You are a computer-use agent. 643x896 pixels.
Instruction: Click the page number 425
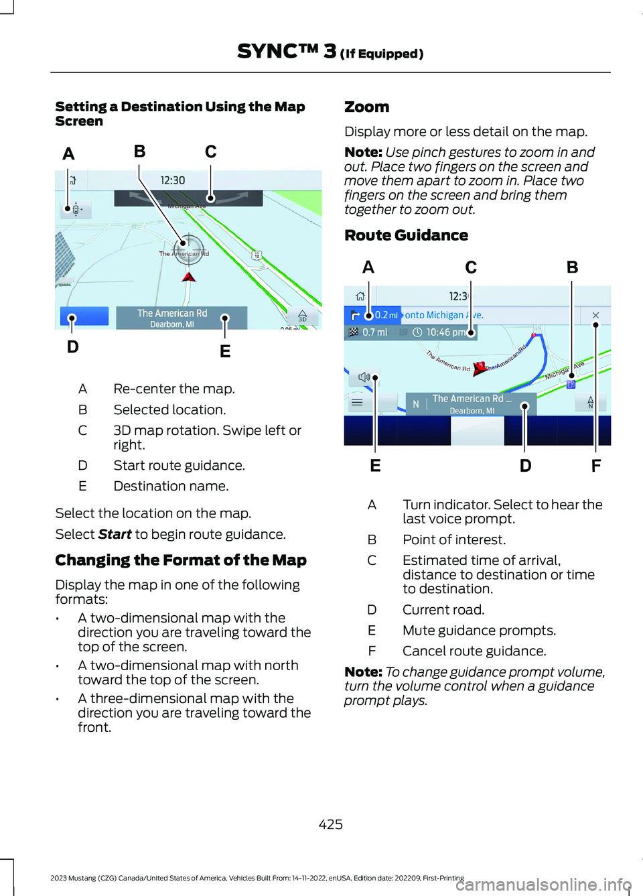[331, 824]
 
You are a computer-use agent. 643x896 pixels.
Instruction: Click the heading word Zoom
[366, 107]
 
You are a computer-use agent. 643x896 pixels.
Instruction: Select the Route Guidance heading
[406, 235]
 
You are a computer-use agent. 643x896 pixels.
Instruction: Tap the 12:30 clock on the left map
[173, 180]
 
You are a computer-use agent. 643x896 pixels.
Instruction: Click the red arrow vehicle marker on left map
[189, 276]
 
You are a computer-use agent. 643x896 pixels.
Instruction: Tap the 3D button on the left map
[302, 316]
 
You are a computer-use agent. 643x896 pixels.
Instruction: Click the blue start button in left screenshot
[84, 316]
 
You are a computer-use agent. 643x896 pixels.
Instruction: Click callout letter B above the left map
[139, 151]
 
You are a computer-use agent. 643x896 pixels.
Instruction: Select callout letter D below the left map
[73, 346]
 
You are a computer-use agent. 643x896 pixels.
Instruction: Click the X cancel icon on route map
[595, 315]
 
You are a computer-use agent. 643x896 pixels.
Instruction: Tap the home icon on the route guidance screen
[360, 296]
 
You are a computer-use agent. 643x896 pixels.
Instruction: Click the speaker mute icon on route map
[364, 377]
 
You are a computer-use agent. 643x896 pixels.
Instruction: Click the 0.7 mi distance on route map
[375, 332]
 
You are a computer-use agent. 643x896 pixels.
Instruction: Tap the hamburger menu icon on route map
[357, 403]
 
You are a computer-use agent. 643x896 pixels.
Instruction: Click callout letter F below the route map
[596, 466]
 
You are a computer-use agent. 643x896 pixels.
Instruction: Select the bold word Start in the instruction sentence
[115, 534]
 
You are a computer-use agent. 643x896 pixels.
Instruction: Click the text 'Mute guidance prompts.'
[479, 631]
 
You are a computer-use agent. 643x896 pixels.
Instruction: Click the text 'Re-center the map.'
[174, 389]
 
